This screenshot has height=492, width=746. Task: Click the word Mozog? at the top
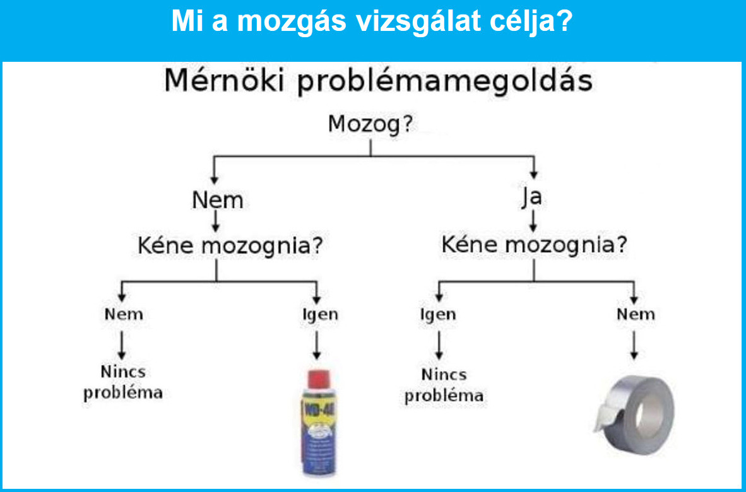point(370,125)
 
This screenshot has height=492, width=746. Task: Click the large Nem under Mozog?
point(217,200)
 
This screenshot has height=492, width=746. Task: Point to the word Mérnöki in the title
point(224,82)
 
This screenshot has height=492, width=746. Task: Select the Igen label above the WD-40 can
point(320,314)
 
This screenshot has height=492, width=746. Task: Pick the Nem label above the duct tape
point(636,314)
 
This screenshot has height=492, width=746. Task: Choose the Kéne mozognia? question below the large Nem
point(230,247)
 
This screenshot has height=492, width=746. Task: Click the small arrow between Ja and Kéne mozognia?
point(533,220)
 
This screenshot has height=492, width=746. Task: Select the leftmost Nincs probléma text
point(123,383)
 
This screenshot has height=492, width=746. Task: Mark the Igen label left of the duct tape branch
point(438,314)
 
